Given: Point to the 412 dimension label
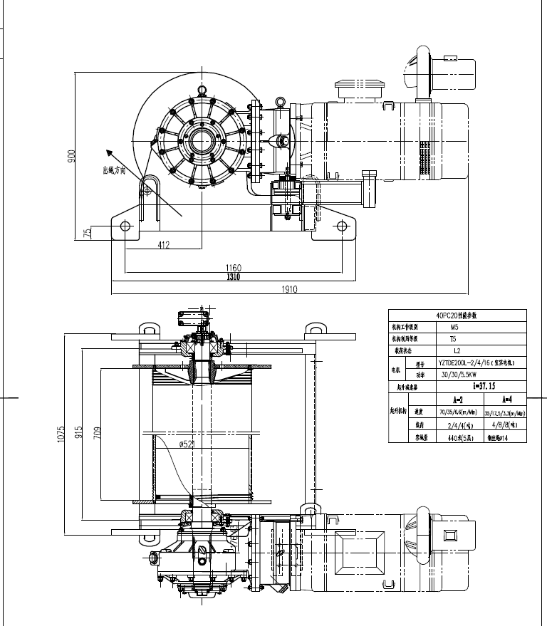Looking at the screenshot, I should pyautogui.click(x=164, y=244).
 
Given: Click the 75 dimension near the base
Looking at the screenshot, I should pyautogui.click(x=87, y=232).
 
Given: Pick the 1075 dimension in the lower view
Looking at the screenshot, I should pyautogui.click(x=61, y=434).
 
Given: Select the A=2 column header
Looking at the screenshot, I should pyautogui.click(x=448, y=400).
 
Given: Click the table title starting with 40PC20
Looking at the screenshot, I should pyautogui.click(x=457, y=314).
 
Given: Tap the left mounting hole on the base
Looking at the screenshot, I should pyautogui.click(x=125, y=226).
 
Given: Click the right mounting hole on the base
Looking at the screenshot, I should pyautogui.click(x=342, y=226).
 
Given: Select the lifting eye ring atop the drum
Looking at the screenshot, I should pyautogui.click(x=202, y=90).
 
